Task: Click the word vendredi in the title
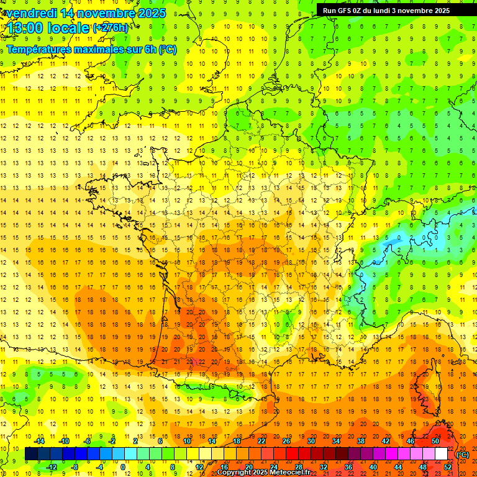tap(31, 13)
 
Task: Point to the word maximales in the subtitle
tap(101, 49)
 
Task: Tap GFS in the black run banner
tap(344, 11)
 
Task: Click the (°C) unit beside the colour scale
tap(462, 455)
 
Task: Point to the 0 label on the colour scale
tap(123, 466)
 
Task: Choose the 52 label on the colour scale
tap(447, 466)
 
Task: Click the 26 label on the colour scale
tap(286, 441)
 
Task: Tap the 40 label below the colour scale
tap(373, 466)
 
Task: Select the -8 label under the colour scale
tap(75, 466)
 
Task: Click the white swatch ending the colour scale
tap(441, 454)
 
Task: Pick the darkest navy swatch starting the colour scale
tap(31, 454)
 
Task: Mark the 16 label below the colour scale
tap(224, 466)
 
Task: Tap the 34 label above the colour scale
tap(336, 441)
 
